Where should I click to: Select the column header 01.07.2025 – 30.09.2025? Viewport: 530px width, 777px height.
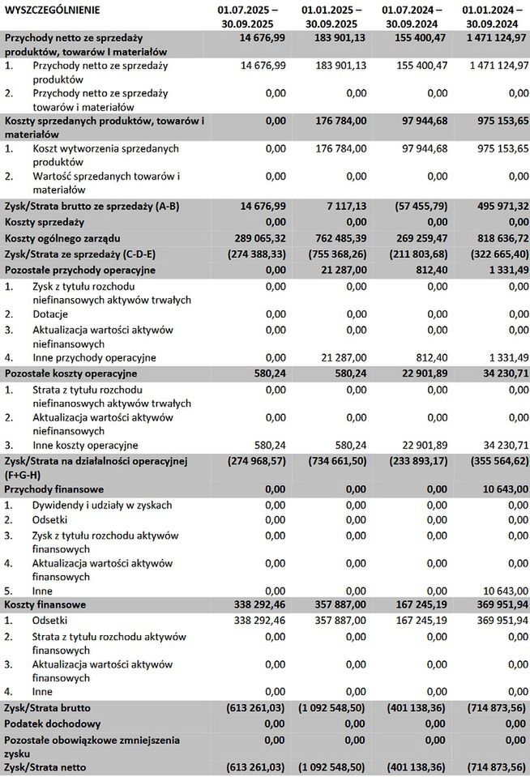tap(247, 16)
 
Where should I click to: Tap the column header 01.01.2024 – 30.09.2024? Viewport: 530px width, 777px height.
tap(494, 16)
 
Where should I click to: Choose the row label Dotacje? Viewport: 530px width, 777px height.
tap(51, 314)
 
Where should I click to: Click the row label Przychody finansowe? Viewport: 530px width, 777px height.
tap(53, 489)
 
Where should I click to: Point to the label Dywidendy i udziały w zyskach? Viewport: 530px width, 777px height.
tap(102, 505)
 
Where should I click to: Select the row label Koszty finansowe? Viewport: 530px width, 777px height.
tap(45, 604)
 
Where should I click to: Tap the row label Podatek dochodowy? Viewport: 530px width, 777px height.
tap(53, 724)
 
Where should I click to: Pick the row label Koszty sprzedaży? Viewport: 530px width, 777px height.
tap(45, 222)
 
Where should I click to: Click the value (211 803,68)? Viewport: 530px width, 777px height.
tap(414, 254)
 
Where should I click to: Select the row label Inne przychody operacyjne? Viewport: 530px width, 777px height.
tap(95, 357)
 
